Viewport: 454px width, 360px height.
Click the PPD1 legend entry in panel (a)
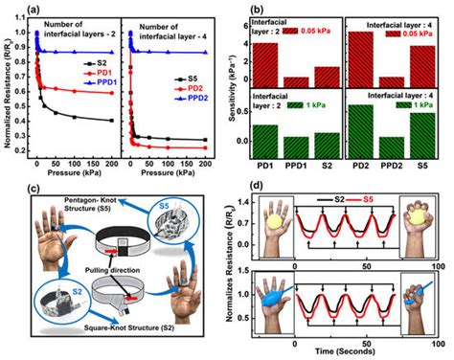102,83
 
